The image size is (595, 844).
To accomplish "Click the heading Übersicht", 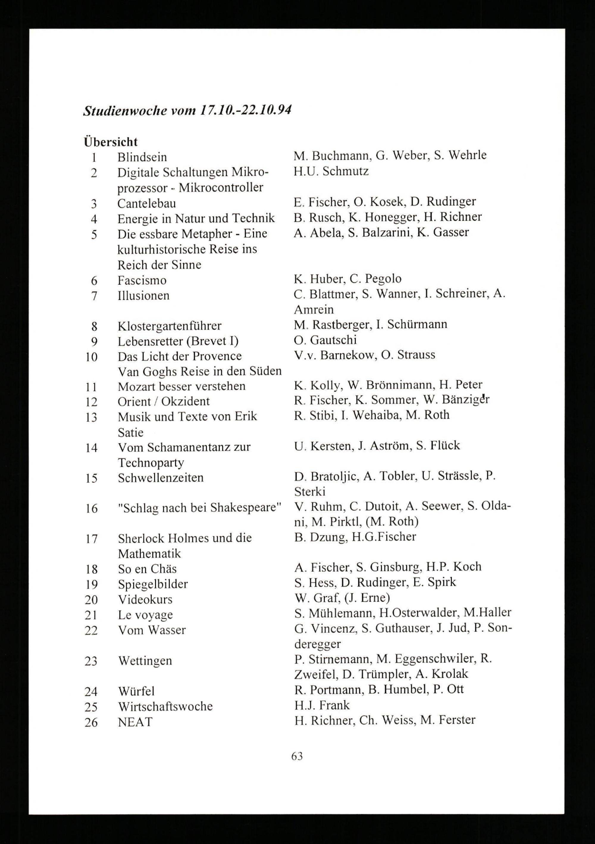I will click(x=111, y=141).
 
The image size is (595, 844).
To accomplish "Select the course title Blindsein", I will click(x=142, y=157).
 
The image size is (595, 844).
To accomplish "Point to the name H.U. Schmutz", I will click(x=331, y=171).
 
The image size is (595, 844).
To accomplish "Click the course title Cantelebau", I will click(x=147, y=203).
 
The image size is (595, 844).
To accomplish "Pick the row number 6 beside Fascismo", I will click(x=94, y=281).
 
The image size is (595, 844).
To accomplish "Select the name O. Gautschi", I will click(x=325, y=340).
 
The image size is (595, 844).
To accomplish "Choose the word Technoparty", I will click(x=151, y=463).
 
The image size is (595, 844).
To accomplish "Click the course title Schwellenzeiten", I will click(x=161, y=478).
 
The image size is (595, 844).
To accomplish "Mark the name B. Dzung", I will click(x=321, y=537).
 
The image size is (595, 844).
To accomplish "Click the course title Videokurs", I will click(x=145, y=599).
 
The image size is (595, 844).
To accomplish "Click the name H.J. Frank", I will click(x=322, y=705).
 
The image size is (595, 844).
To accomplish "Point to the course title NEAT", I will click(x=135, y=722).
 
